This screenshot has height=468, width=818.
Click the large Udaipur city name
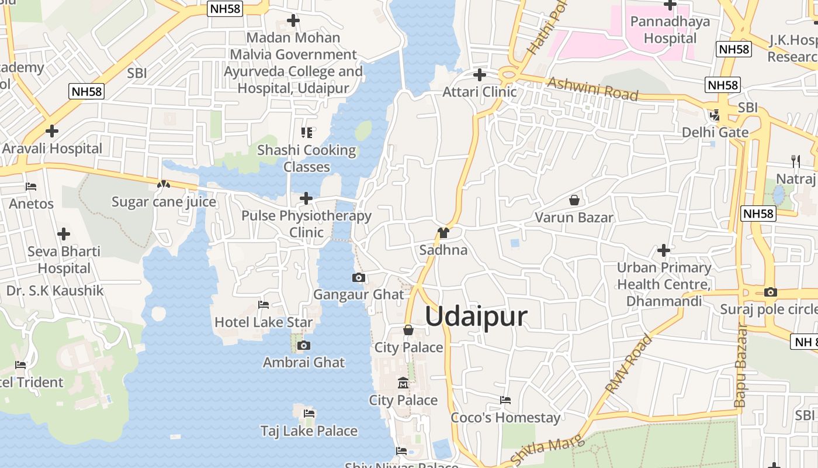(476, 316)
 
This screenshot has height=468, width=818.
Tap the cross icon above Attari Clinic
(480, 75)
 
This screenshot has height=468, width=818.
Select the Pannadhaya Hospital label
(670, 30)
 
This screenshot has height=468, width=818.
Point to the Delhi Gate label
(715, 132)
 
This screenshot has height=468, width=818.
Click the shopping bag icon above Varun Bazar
(574, 201)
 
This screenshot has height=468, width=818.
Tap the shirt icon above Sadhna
(443, 233)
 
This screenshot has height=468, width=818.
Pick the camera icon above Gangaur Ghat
(359, 277)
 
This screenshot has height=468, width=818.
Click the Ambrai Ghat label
(304, 362)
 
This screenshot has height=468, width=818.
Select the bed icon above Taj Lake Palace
(309, 414)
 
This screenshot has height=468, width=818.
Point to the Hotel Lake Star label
(264, 322)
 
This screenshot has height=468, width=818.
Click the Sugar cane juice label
(164, 202)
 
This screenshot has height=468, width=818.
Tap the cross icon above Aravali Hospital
(52, 131)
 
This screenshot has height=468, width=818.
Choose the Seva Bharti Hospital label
(64, 260)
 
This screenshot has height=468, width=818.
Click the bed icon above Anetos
(31, 187)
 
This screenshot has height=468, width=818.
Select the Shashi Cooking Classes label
(307, 159)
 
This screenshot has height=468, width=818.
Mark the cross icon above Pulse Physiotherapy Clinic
(306, 198)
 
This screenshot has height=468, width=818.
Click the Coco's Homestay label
(505, 418)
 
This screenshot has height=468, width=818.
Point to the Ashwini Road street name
(592, 88)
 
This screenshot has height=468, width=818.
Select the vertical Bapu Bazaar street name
(740, 365)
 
